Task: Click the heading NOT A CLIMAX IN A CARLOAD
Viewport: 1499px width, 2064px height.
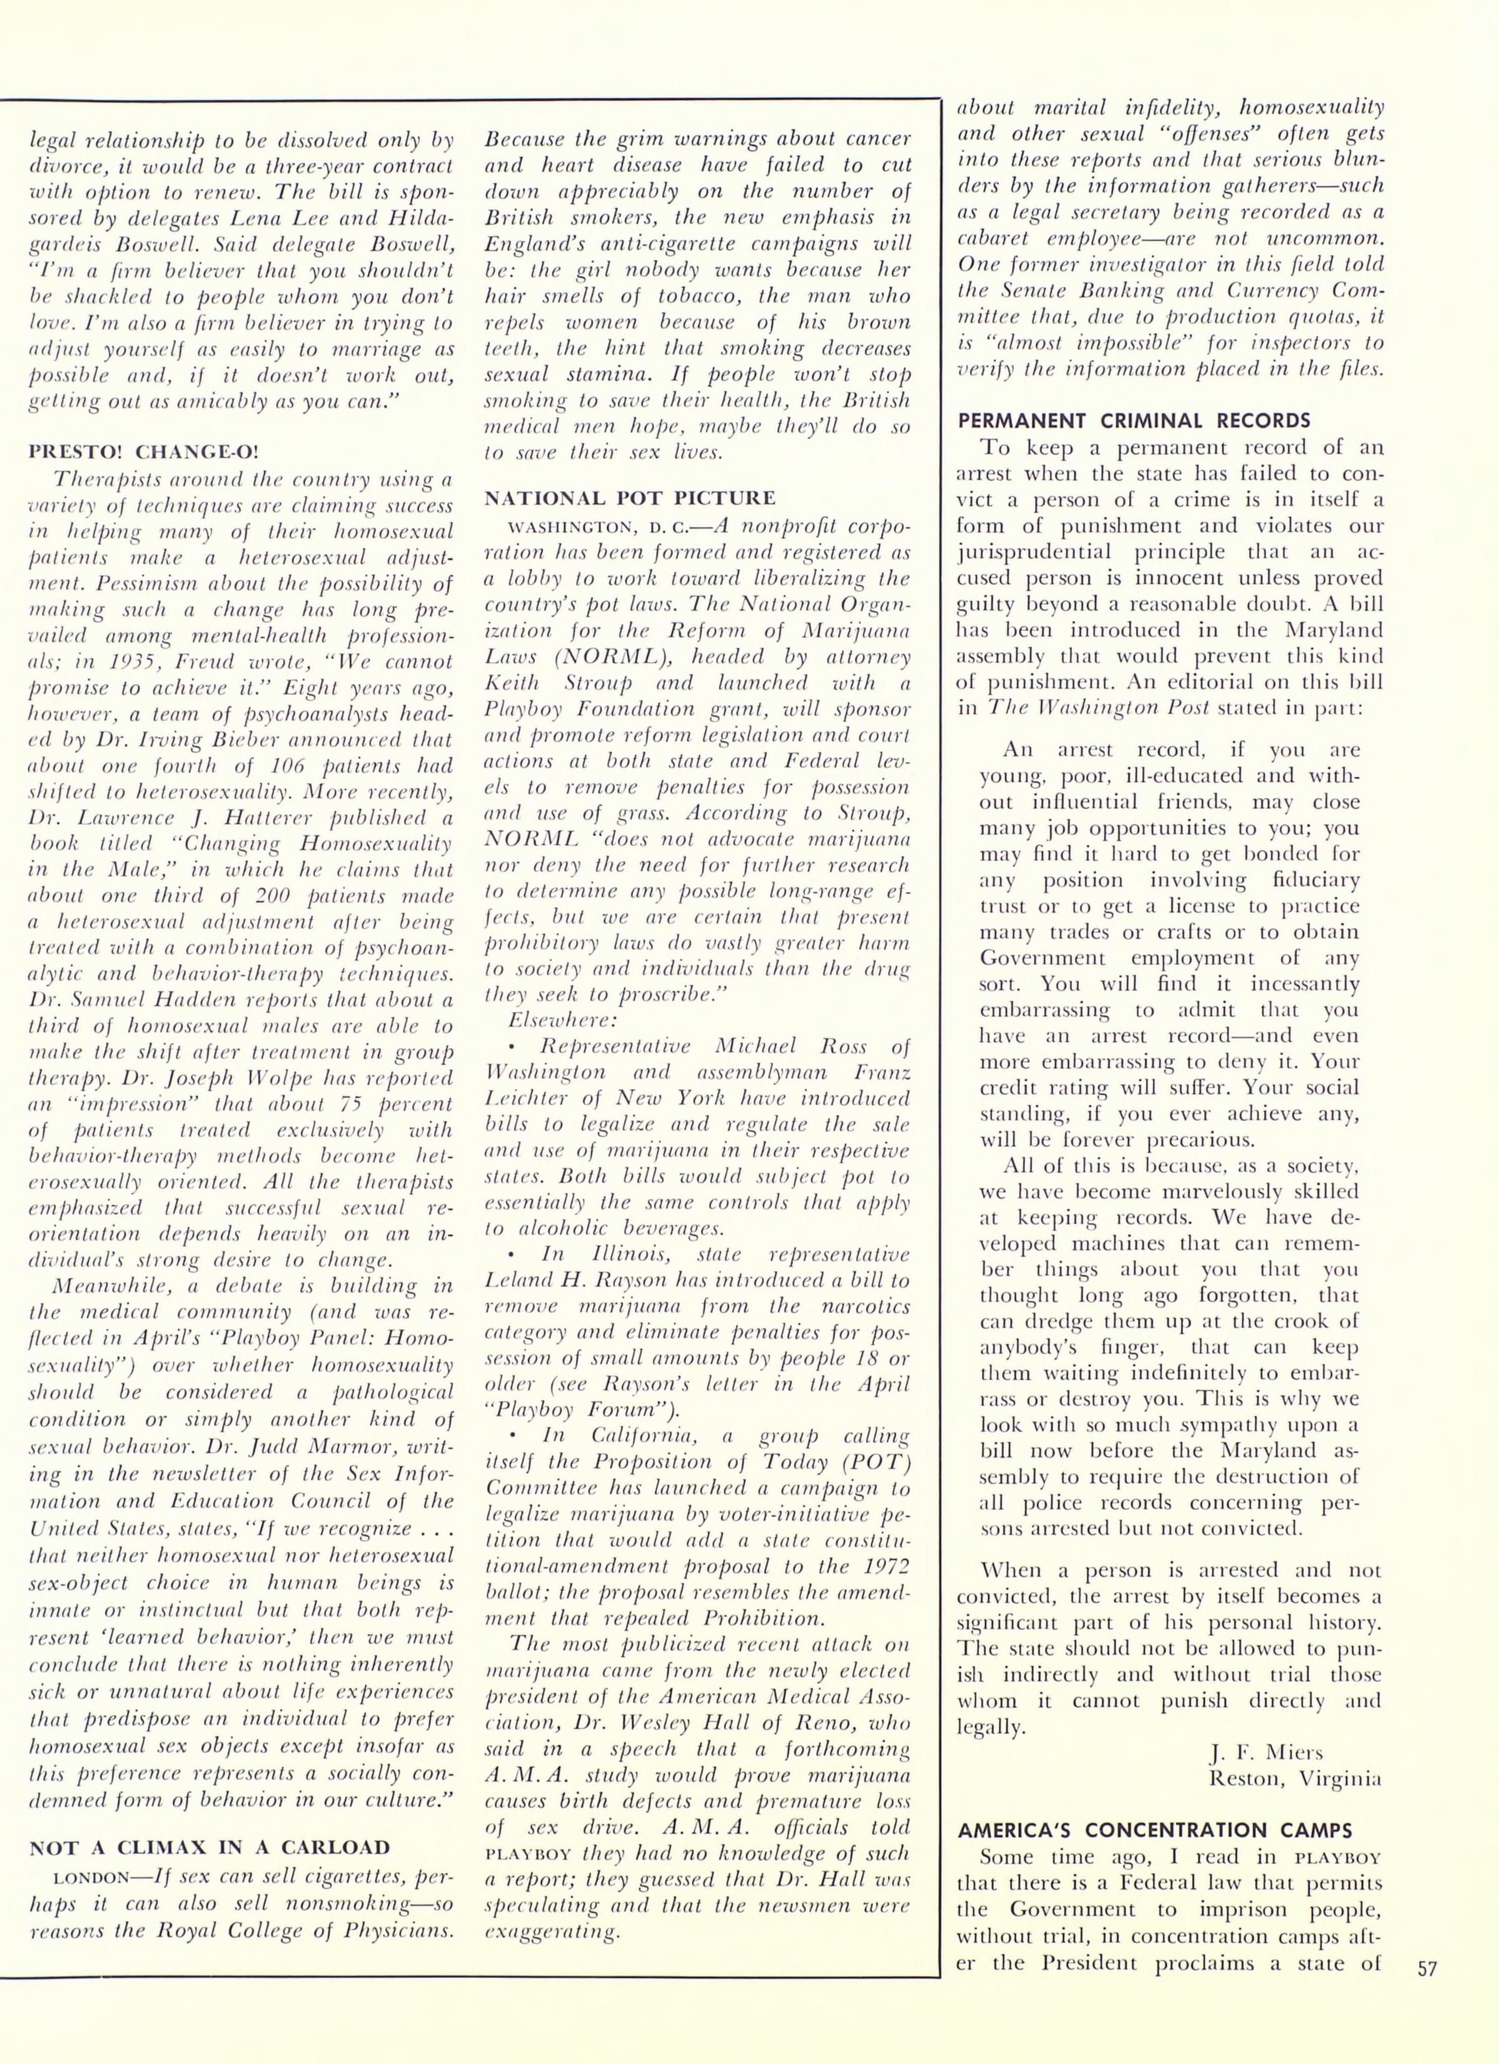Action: click(210, 1848)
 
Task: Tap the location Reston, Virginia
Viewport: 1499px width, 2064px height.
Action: click(1294, 1778)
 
